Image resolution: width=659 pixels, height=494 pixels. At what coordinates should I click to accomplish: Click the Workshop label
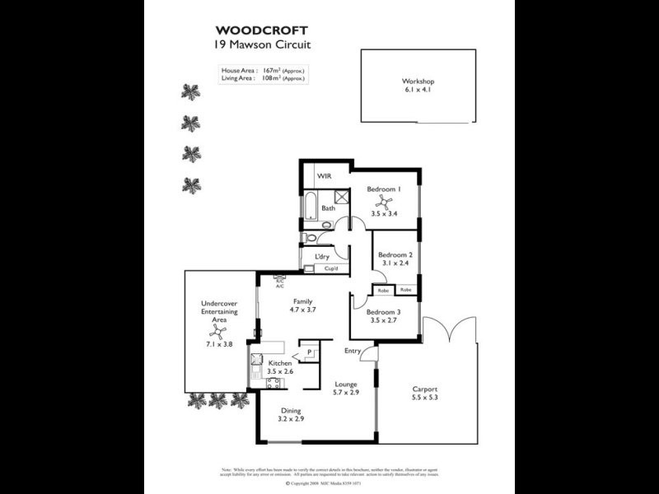click(418, 82)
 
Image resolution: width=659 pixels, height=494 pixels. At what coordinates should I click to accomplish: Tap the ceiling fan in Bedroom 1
click(384, 199)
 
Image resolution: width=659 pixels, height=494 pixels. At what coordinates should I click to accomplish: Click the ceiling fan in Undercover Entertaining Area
click(218, 331)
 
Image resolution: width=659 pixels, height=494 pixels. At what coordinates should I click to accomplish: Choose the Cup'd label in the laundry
click(331, 268)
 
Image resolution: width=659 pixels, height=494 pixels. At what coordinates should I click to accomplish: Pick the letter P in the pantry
click(310, 353)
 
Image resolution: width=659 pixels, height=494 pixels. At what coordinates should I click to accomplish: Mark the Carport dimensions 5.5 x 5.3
click(425, 398)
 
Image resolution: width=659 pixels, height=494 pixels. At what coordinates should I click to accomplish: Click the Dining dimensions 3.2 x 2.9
click(291, 419)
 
